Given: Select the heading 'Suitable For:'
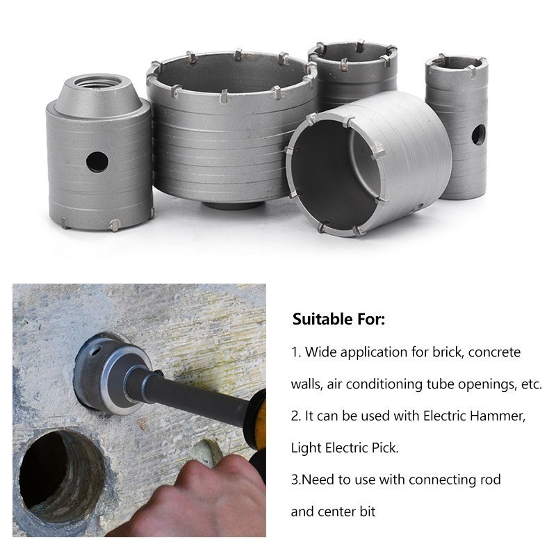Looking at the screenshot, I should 338,320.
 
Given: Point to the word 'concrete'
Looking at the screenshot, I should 494,352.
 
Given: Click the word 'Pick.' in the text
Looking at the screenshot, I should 384,448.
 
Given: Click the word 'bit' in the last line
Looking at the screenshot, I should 368,512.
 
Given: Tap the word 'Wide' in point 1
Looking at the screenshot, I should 318,352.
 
